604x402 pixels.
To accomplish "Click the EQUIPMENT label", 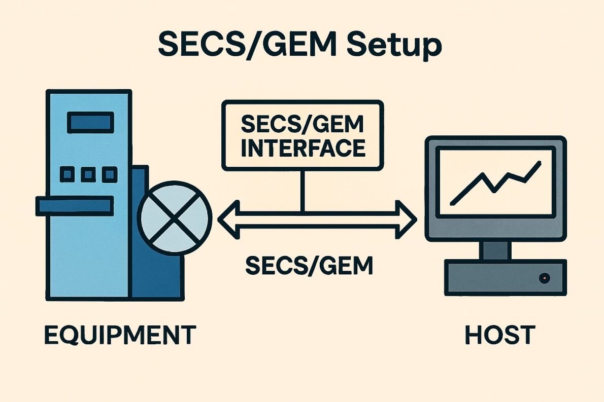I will pyautogui.click(x=120, y=335).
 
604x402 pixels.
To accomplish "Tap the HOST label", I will pyautogui.click(x=499, y=335).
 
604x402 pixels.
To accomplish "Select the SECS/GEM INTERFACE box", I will pyautogui.click(x=303, y=135).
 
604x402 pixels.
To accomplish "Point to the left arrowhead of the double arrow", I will pyautogui.click(x=228, y=219).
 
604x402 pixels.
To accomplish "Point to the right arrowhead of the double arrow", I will pyautogui.click(x=406, y=219).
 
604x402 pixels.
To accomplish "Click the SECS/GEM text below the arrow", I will pyautogui.click(x=309, y=265).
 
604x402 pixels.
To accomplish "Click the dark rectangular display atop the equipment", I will pyautogui.click(x=90, y=122).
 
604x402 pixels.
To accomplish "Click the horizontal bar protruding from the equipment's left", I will pyautogui.click(x=74, y=206).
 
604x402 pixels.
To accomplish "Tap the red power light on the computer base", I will pyautogui.click(x=545, y=278).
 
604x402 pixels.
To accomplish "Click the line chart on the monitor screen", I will pyautogui.click(x=495, y=182).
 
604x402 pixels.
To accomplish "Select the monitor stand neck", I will pyautogui.click(x=495, y=250).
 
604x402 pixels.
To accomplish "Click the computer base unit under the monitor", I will pyautogui.click(x=505, y=277).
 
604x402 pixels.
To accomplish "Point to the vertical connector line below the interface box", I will pyautogui.click(x=303, y=191).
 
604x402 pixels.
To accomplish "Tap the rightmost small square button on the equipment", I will pyautogui.click(x=109, y=174).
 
